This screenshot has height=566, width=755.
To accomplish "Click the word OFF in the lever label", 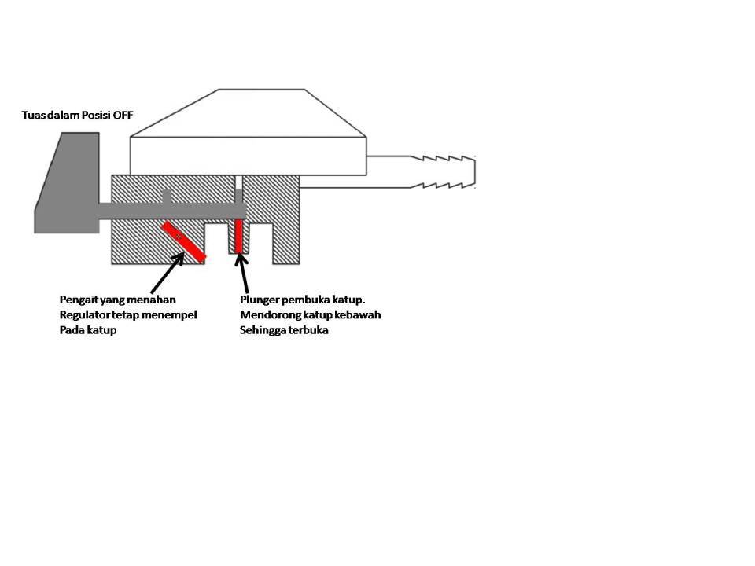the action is (x=123, y=116).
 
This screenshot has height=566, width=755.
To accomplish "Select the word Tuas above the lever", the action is (x=34, y=116).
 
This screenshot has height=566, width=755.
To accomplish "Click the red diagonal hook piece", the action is (x=184, y=241).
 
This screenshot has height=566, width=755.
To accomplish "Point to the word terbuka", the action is (x=309, y=330).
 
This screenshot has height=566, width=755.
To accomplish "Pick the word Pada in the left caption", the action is (x=72, y=330).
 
